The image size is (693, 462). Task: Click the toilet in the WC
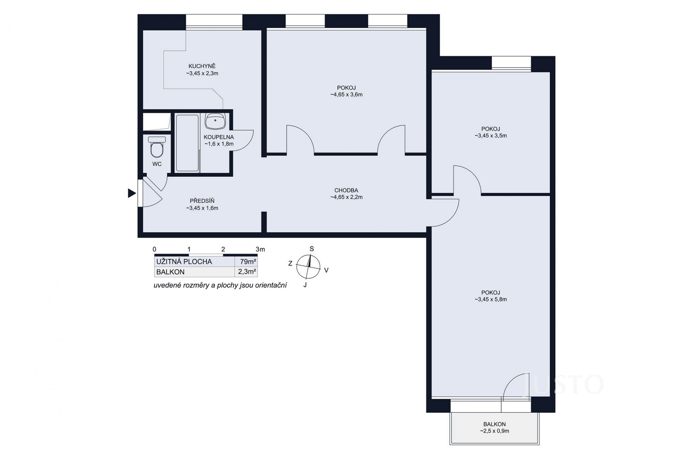click(x=157, y=147)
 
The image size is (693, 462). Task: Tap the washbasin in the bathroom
click(x=216, y=121)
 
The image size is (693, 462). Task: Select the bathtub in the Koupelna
click(x=187, y=143)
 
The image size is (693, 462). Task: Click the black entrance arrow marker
click(x=132, y=193)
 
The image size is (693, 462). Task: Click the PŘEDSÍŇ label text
click(x=202, y=201)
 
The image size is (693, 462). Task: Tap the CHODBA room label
click(x=346, y=190)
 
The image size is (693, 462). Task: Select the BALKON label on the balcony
click(x=494, y=424)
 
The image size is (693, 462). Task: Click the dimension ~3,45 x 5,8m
click(x=491, y=300)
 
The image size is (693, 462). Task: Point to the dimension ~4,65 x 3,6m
click(x=346, y=95)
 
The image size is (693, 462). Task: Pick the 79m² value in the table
click(x=248, y=262)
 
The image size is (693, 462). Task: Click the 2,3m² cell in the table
click(x=247, y=272)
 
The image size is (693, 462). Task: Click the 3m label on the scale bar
click(x=261, y=249)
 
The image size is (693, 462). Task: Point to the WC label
click(x=157, y=164)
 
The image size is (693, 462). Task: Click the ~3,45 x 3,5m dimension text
click(x=491, y=136)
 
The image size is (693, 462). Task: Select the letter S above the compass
click(x=312, y=249)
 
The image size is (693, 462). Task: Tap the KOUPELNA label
click(x=219, y=137)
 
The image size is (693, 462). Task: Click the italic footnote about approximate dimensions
click(x=220, y=286)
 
